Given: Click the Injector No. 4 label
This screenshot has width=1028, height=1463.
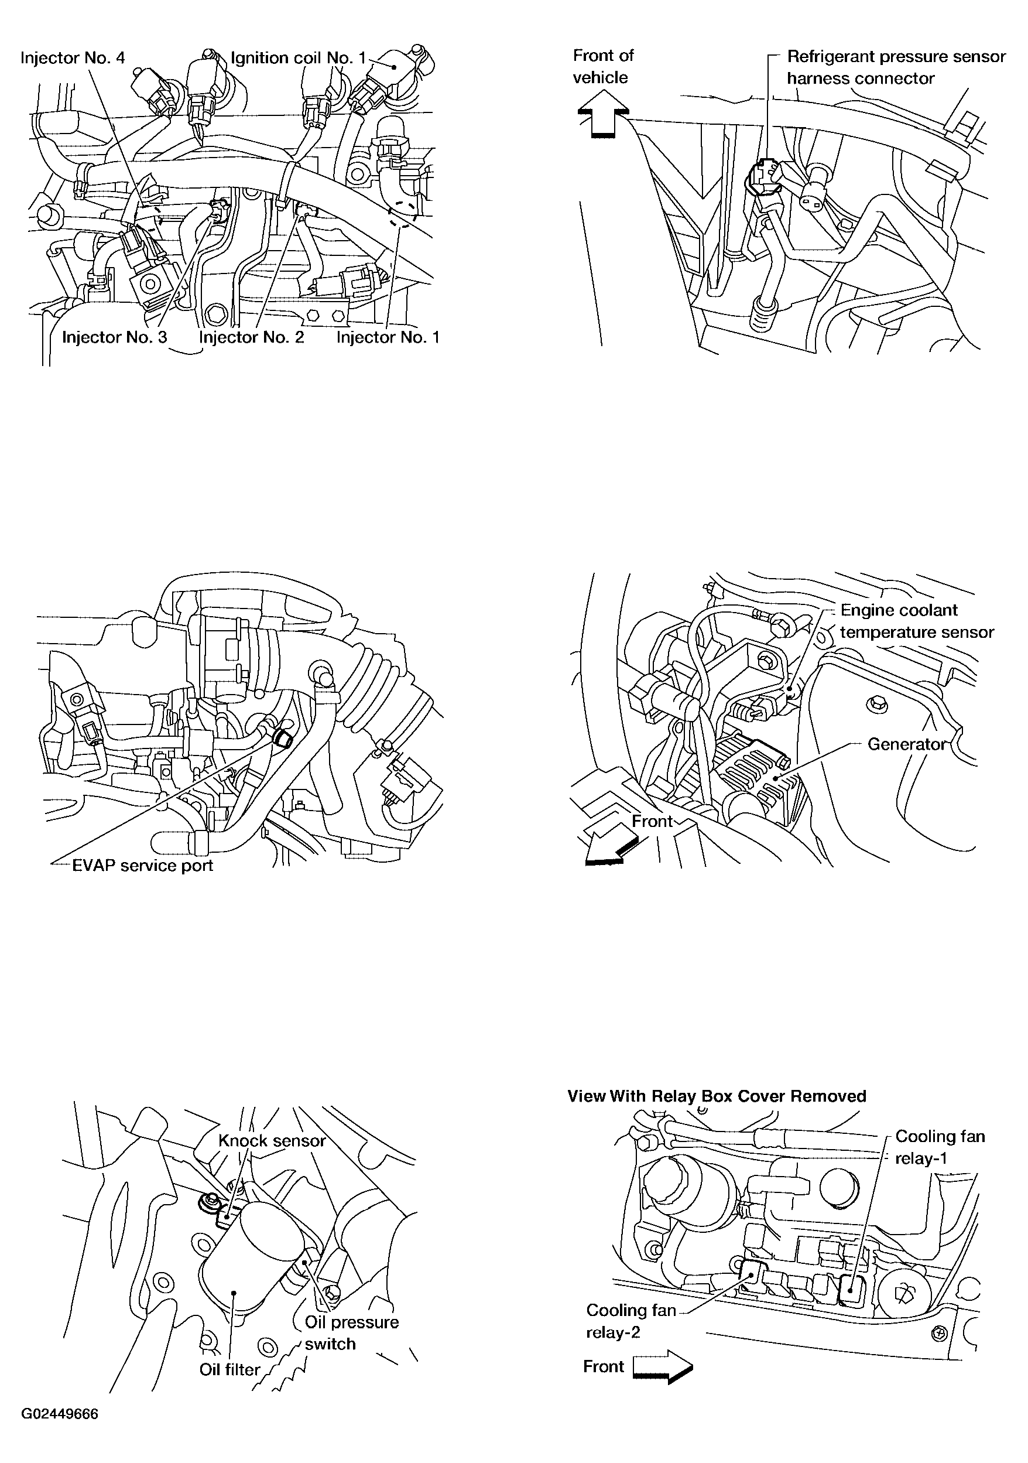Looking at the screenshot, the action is pyautogui.click(x=73, y=58).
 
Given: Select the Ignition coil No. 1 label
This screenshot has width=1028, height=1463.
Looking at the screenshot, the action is pyautogui.click(x=299, y=58).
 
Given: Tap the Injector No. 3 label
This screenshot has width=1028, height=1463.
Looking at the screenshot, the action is pyautogui.click(x=115, y=337).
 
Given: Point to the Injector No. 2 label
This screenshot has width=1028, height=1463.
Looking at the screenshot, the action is pyautogui.click(x=252, y=337).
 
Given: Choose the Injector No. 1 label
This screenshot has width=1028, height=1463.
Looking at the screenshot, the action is pyautogui.click(x=388, y=337).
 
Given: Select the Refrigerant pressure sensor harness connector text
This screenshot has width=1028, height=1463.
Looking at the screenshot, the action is pyautogui.click(x=896, y=67).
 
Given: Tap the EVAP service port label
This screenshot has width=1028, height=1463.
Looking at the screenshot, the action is pyautogui.click(x=143, y=865).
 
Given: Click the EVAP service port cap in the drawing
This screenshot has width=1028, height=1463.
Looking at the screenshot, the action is pyautogui.click(x=282, y=739).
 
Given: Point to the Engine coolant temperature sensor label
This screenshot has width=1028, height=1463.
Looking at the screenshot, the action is pyautogui.click(x=917, y=621).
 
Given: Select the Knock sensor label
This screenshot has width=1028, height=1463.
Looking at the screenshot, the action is pyautogui.click(x=272, y=1140).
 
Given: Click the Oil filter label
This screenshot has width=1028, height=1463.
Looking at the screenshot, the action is pyautogui.click(x=230, y=1369).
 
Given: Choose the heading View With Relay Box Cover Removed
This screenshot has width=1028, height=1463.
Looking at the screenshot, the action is pyautogui.click(x=717, y=1096).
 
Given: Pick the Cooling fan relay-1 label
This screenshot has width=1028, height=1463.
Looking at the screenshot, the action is pyautogui.click(x=940, y=1147).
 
